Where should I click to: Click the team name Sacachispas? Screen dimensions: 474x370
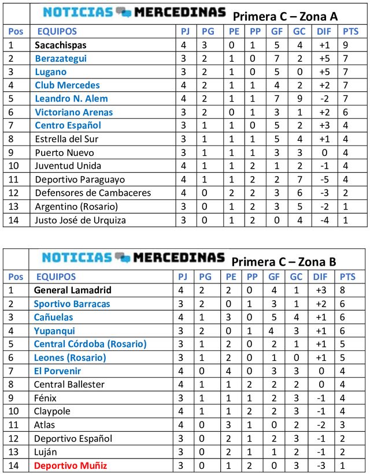(x=61, y=45)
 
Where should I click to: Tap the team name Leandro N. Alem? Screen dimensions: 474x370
(x=71, y=99)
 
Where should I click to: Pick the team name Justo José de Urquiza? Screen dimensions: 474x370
(x=80, y=220)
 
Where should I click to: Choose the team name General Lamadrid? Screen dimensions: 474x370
(x=73, y=290)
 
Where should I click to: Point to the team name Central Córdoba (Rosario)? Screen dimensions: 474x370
(x=90, y=344)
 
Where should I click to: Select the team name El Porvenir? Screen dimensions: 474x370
(x=57, y=371)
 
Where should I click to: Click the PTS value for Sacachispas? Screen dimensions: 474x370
(x=345, y=45)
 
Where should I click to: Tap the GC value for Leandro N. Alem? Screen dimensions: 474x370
(x=299, y=99)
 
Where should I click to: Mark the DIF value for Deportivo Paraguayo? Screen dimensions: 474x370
(x=324, y=180)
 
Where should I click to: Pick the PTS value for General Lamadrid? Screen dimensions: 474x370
(x=345, y=290)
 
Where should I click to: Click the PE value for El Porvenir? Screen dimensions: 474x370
(x=231, y=371)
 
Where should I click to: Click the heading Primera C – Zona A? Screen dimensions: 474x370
(x=285, y=16)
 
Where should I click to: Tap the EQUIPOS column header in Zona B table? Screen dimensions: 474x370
(x=55, y=277)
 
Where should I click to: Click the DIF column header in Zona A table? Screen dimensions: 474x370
(x=324, y=32)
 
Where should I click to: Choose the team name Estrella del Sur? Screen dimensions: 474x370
(x=66, y=139)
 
